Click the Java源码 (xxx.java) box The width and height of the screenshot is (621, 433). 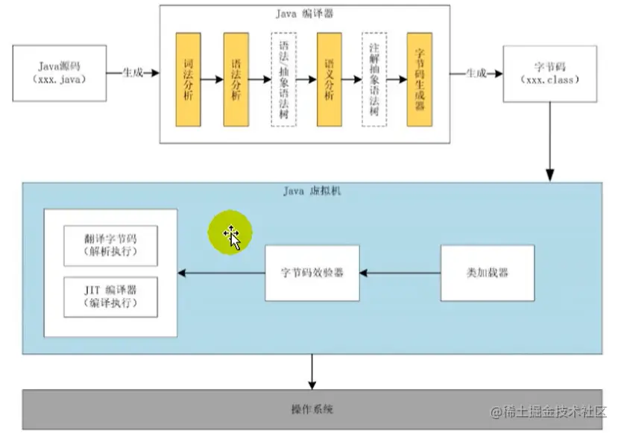point(58,72)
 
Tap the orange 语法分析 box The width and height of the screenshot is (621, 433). point(236,79)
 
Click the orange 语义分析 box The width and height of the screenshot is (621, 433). point(328,79)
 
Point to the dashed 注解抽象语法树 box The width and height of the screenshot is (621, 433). point(373,79)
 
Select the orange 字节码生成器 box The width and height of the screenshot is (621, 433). point(419,79)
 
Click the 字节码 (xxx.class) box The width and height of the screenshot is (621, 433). point(550,72)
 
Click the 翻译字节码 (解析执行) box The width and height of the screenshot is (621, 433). point(110,245)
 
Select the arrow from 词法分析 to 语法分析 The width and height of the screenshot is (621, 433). point(212,79)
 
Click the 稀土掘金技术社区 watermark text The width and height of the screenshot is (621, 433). point(555,411)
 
